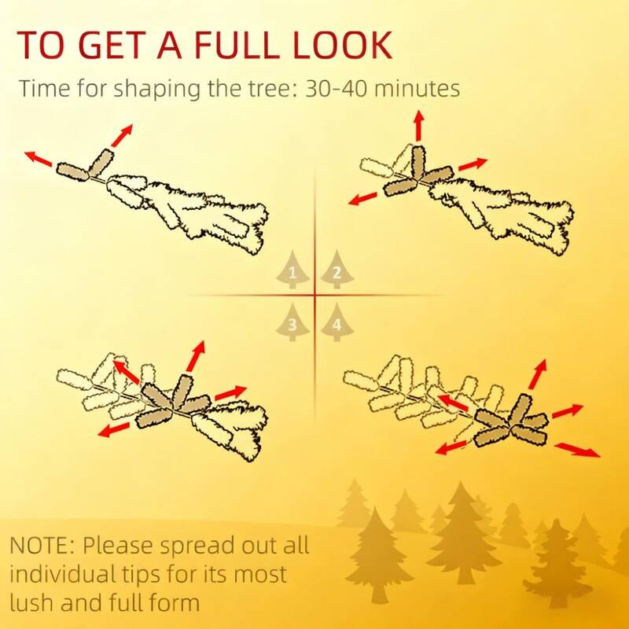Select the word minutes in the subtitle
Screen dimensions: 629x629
417,89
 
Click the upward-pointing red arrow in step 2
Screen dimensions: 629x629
419,126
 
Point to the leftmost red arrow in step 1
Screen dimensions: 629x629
39,159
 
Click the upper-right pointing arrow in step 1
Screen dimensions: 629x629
122,135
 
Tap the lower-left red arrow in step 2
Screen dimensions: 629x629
363,198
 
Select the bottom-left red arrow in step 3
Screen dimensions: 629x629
114,429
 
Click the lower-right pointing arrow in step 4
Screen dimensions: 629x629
577,450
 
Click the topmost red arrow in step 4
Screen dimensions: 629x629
538,374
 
